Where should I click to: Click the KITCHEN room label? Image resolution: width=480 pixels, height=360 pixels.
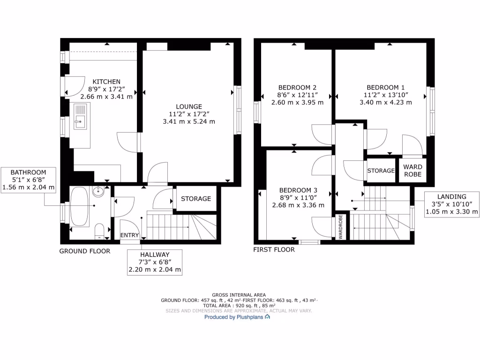point(106,82)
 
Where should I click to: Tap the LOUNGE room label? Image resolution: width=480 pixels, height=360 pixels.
point(189,106)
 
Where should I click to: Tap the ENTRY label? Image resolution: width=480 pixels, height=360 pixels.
point(129,235)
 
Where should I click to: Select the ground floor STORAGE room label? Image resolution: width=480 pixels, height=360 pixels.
point(196,199)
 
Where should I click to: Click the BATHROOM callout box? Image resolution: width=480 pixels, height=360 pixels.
point(29,180)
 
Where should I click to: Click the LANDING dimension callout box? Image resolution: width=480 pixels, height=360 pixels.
point(452,204)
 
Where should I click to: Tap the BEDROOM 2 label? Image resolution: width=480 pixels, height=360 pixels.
point(297,88)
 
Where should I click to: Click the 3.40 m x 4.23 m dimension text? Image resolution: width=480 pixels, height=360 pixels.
point(385,103)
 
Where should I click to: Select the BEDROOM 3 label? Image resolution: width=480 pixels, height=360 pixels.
point(298,190)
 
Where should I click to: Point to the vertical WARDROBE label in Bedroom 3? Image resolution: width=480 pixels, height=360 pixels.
point(340,227)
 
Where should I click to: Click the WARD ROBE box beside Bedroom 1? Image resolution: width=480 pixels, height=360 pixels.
point(412,170)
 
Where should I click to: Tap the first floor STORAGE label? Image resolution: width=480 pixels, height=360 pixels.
point(381,171)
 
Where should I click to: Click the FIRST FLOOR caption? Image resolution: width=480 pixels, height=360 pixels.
point(274,250)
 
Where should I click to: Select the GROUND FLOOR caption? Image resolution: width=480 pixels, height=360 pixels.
point(84,251)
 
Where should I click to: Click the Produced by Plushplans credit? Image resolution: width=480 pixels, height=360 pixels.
point(237,317)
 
